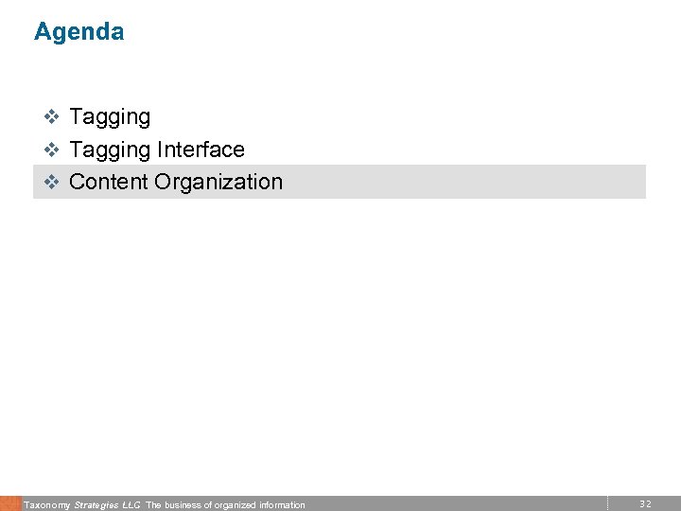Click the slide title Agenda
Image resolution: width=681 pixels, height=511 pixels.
point(79,32)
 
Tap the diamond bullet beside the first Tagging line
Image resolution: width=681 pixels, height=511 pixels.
point(53,117)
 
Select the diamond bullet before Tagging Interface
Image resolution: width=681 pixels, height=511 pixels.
point(53,150)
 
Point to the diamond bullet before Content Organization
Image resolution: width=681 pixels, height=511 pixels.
point(53,182)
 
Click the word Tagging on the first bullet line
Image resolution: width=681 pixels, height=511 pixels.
point(110,117)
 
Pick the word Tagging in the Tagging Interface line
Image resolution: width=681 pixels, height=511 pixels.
point(110,150)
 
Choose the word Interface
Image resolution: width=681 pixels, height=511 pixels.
point(201,150)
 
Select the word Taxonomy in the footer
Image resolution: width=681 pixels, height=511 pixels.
point(46,505)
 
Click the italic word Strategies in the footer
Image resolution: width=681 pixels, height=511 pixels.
point(96,505)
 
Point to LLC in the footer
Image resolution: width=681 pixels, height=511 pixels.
point(131,505)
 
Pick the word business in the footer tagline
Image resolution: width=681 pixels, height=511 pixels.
point(183,505)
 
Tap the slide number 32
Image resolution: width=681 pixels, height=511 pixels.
point(645,504)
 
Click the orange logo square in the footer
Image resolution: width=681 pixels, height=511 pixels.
point(9,503)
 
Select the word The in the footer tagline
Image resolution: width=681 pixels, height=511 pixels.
point(154,505)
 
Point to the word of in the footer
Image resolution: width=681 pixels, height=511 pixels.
point(209,505)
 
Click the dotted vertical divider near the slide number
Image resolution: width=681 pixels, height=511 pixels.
point(607,503)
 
